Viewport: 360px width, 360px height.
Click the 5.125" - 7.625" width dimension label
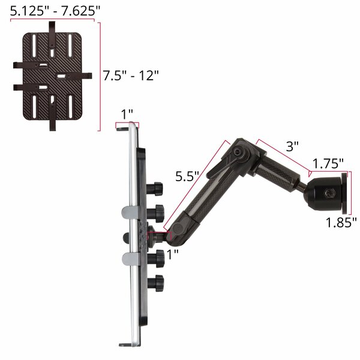[55, 11]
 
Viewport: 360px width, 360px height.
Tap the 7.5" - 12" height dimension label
[131, 76]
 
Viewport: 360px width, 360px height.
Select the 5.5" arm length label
[187, 176]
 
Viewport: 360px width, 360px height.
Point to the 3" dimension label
[292, 146]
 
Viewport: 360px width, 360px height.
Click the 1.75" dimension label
[328, 163]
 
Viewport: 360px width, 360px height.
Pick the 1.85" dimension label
[341, 222]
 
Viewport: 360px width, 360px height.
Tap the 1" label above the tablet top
[127, 114]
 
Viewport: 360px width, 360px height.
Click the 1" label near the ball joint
[172, 254]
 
